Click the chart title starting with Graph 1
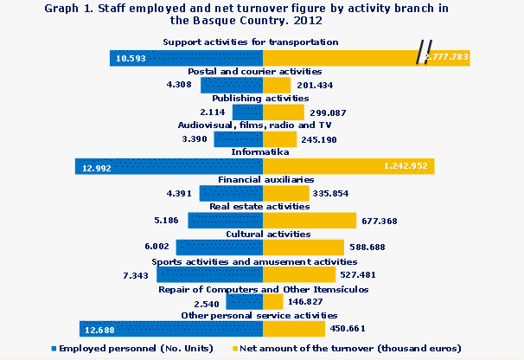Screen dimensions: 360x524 pos(262,13)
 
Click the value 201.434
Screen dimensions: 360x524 pos(316,86)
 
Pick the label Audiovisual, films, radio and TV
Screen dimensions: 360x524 pos(262,125)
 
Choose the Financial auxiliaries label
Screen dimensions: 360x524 pos(262,180)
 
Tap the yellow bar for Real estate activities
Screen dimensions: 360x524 pos(309,221)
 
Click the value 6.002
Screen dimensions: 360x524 pos(157,247)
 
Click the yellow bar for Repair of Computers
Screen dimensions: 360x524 pos(273,302)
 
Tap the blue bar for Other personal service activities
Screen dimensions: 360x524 pos(170,329)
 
